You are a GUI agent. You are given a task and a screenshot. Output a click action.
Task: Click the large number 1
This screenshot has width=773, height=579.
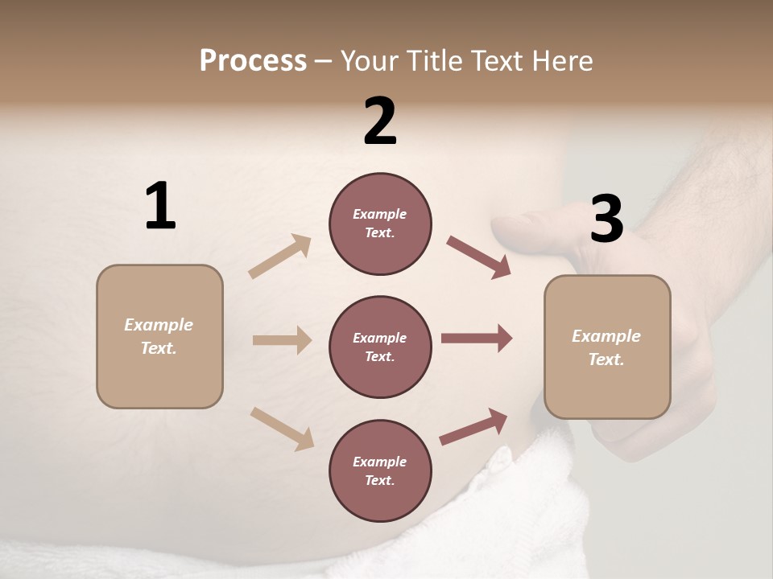point(160,207)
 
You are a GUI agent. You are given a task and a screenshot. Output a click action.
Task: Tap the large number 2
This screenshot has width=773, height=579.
point(380,121)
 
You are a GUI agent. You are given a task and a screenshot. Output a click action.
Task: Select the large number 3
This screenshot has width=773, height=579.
point(606,220)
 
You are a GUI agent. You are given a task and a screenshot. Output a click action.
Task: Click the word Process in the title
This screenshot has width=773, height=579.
point(253,60)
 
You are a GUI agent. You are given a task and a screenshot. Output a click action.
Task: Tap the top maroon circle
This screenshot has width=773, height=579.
point(380,224)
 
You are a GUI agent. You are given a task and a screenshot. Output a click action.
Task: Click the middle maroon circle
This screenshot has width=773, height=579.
point(380,347)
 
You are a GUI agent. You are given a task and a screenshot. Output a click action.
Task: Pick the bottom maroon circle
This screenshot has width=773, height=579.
point(380,470)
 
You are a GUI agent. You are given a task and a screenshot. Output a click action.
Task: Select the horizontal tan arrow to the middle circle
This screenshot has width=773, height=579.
point(282,340)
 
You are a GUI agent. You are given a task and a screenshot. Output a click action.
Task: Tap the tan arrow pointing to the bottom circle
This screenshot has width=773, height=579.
point(282,429)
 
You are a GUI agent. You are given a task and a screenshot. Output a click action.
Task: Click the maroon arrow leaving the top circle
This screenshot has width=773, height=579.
point(478,257)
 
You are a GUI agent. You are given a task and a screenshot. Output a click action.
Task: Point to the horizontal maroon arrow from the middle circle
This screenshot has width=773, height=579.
point(477,339)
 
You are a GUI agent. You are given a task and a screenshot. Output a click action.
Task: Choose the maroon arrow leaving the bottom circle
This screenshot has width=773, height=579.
point(473,426)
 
